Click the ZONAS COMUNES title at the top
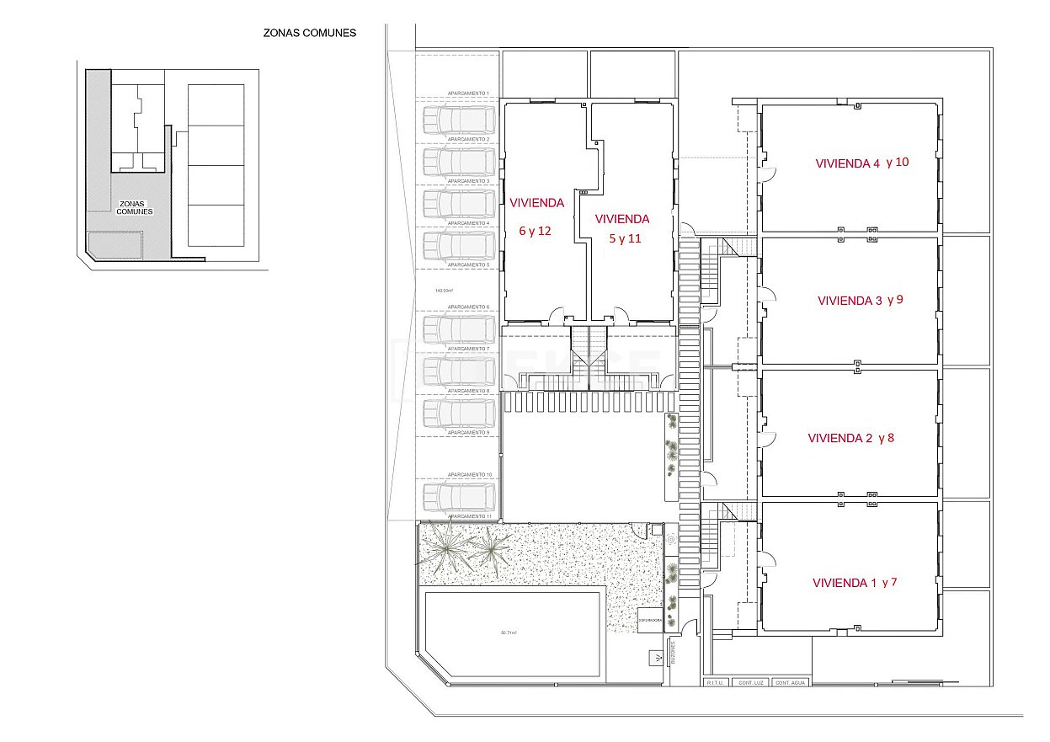tap(310, 34)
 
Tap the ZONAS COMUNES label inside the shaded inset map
tap(136, 207)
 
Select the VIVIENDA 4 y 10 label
tap(862, 163)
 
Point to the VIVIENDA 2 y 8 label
tap(850, 438)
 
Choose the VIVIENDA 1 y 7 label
tap(855, 582)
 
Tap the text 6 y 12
tap(535, 231)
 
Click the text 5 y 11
tap(625, 238)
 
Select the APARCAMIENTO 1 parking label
tap(469, 93)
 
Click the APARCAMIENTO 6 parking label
tap(469, 307)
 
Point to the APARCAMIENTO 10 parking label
tap(469, 475)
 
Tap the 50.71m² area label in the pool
tap(511, 633)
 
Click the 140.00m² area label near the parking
tap(445, 291)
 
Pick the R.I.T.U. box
tap(716, 682)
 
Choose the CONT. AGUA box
tap(790, 682)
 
